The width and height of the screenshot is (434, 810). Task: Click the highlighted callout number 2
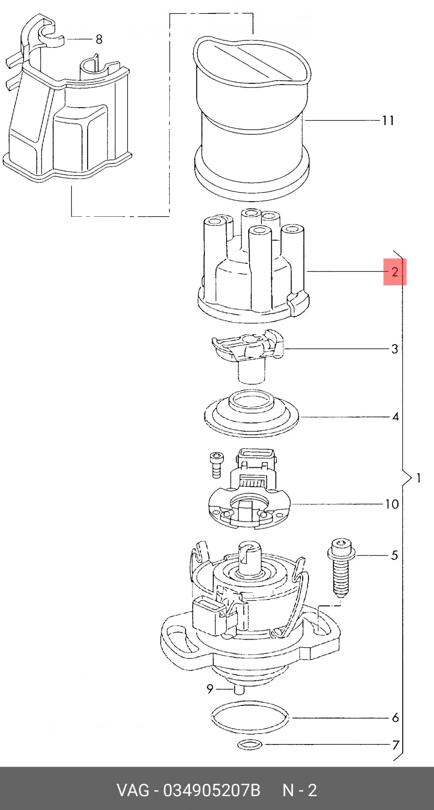click(x=395, y=272)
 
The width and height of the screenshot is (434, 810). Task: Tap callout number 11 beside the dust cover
click(x=388, y=120)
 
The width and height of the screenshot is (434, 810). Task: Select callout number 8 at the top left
click(x=99, y=39)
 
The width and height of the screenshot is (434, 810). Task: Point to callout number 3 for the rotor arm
click(x=395, y=349)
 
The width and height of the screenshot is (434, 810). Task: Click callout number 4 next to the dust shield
click(x=395, y=417)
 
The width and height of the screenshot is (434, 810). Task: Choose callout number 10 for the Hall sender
click(x=392, y=504)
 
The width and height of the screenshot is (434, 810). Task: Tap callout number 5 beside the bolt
click(x=395, y=555)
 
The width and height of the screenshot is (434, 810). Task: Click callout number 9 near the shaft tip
click(x=210, y=689)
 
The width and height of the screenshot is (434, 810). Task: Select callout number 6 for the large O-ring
click(x=395, y=717)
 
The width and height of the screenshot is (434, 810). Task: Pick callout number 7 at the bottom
click(x=395, y=745)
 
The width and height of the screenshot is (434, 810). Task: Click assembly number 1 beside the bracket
click(x=418, y=478)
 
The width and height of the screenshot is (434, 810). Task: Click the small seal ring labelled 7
click(x=251, y=745)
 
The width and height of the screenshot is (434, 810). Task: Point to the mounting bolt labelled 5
click(x=341, y=567)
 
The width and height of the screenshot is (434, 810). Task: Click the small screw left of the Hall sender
click(x=215, y=465)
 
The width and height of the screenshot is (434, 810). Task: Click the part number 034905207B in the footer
click(x=212, y=790)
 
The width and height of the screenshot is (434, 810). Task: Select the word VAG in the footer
click(x=132, y=790)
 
